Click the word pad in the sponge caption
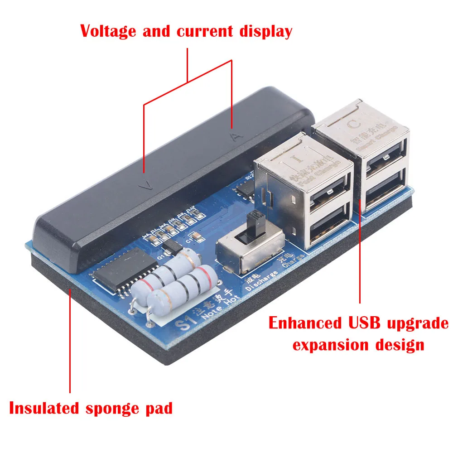161,408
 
